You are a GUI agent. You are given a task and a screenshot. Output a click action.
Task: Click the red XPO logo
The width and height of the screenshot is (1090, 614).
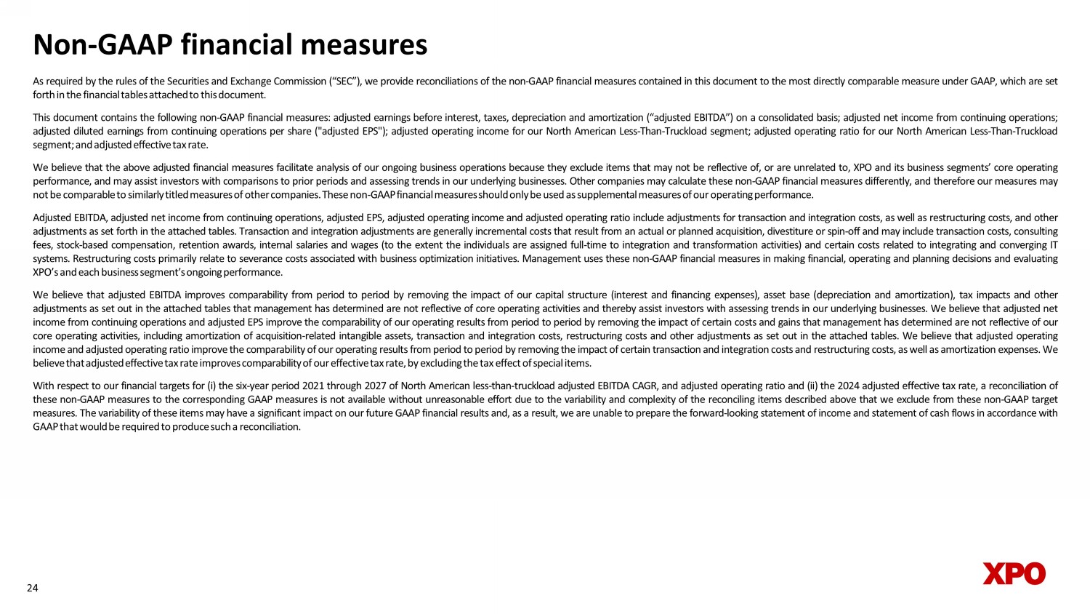click(x=1014, y=573)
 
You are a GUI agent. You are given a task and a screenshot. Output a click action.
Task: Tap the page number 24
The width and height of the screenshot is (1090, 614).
click(x=32, y=588)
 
